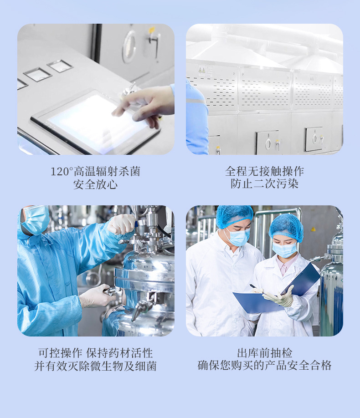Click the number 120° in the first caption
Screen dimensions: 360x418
(x=62, y=171)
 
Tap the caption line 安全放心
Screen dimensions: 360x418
(x=96, y=184)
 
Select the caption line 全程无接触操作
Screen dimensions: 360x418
(x=264, y=171)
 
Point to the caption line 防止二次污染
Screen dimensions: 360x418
(x=264, y=184)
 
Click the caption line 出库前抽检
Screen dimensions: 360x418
(x=264, y=353)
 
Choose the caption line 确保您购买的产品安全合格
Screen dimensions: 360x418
(x=264, y=365)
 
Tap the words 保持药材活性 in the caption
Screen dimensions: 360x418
(x=119, y=353)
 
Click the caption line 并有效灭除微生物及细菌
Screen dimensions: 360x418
(x=95, y=366)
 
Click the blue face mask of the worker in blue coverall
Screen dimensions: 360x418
(x=36, y=220)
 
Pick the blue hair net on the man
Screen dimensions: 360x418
(x=234, y=216)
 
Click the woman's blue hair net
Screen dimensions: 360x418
(x=286, y=227)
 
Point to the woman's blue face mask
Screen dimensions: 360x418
(x=284, y=250)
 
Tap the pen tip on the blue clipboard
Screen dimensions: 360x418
(x=250, y=285)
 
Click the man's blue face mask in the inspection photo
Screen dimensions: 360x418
(x=238, y=237)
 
